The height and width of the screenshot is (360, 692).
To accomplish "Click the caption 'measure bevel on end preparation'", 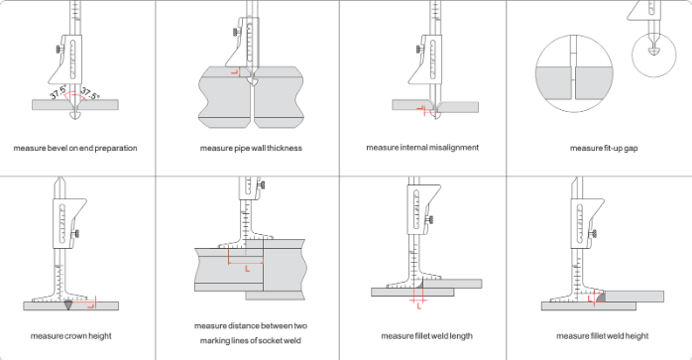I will pos(75,148).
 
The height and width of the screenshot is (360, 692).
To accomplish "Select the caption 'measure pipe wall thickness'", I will pos(251,148).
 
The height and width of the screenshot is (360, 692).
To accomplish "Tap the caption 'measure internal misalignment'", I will pos(422,147).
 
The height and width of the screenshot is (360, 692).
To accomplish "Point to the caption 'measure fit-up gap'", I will pos(599,148).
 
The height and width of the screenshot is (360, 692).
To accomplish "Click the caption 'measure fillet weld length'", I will pos(422,335).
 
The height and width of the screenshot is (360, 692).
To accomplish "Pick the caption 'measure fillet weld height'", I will pos(599,335).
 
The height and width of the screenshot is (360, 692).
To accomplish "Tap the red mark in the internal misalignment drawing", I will pos(425,109).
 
